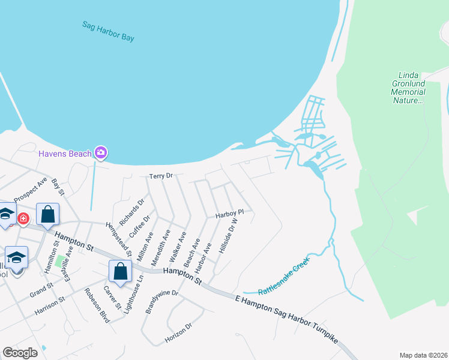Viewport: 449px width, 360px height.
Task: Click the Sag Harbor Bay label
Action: pos(108,31)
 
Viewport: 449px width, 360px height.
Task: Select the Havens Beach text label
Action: pos(65,154)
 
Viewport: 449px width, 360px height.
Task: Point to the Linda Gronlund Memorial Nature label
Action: pos(408,88)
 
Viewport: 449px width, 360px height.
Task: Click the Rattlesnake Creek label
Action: pos(287,280)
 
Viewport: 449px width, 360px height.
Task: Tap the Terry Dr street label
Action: pos(161,176)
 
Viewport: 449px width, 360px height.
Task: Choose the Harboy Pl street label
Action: pos(229,213)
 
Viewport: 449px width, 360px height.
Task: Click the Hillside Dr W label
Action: pos(229,236)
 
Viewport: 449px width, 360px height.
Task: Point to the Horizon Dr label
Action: pos(178,335)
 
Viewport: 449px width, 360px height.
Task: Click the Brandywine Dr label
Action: pos(162,302)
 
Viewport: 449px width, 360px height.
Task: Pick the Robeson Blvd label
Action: pos(97,305)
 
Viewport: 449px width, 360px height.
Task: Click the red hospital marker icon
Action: pos(23,218)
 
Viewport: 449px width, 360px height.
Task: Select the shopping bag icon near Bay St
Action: pos(47,214)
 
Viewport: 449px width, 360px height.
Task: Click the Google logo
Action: pos(20,353)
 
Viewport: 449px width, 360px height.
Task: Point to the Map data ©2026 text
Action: pos(423,355)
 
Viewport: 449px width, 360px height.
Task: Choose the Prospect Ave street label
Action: pos(31,190)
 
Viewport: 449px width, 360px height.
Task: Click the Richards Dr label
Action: pos(132,212)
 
